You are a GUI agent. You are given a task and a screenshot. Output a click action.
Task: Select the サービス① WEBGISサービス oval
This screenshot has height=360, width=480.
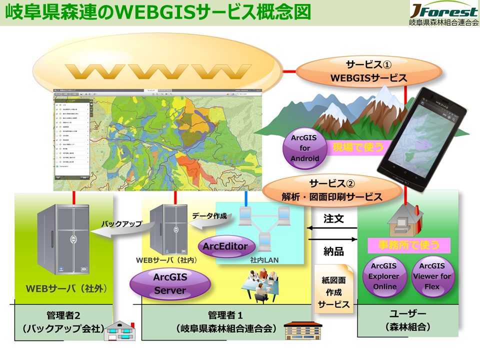click(368, 71)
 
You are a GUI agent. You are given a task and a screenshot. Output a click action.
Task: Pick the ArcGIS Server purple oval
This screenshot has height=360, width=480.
click(169, 283)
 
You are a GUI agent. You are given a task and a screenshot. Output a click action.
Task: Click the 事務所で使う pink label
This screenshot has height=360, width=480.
click(409, 245)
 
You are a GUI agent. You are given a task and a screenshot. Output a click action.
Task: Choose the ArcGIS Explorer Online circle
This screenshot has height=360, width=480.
click(384, 276)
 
